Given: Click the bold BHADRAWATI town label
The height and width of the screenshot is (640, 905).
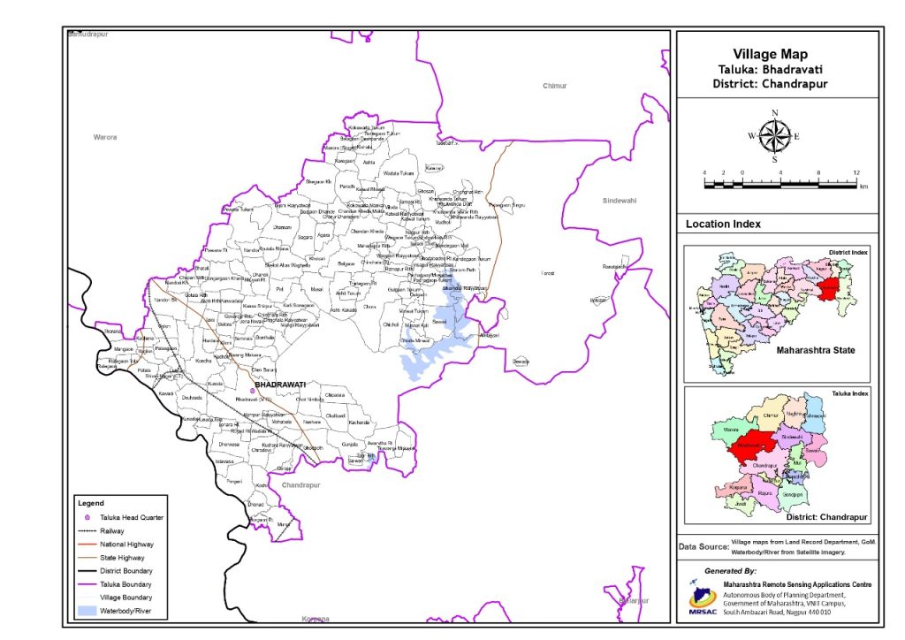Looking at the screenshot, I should pos(279,385).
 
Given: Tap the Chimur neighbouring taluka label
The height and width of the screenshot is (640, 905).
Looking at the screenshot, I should pos(554,86).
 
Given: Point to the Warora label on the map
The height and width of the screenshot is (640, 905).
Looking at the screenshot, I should pos(105,137).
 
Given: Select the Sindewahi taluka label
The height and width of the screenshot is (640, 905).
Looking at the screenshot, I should pos(619,201).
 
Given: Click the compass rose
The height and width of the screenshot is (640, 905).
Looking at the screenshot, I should pos(774,135).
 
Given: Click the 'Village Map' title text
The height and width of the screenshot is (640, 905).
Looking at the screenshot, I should pos(770,55).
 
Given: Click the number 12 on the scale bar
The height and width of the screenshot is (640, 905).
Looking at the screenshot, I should pos(856,171).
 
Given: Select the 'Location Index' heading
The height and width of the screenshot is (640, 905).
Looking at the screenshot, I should pos(723,225).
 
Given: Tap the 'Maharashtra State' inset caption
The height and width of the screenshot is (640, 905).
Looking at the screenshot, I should pos(816,351).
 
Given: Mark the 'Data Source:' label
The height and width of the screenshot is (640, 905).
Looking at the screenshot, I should pos(703,547).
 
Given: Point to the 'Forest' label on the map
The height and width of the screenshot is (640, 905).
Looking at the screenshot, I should pos(547,273).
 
